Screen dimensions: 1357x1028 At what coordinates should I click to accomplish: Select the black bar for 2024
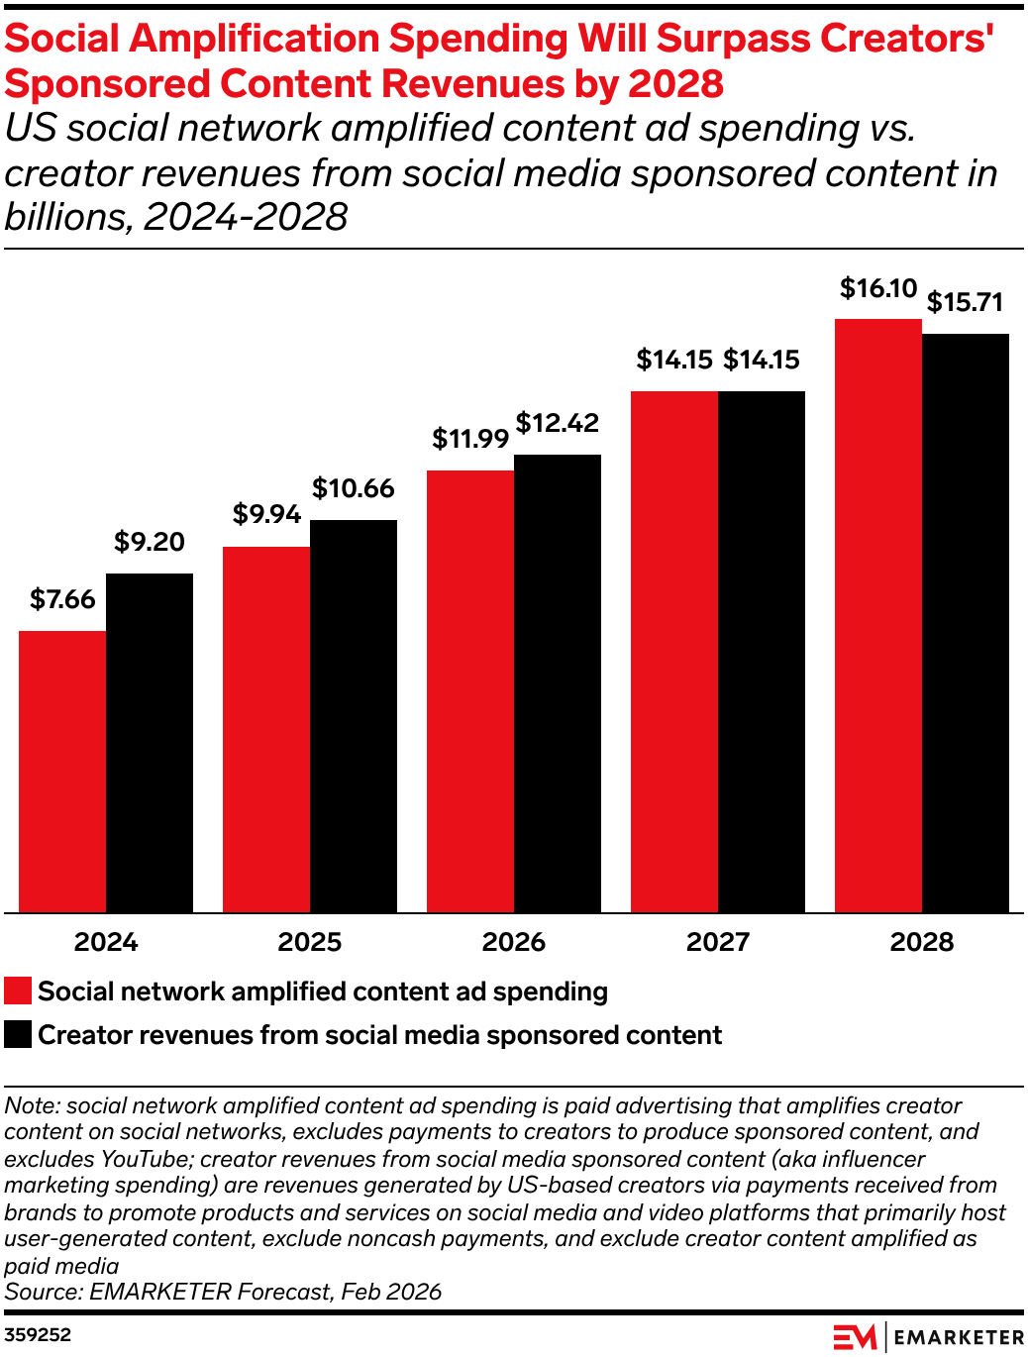click(x=150, y=743)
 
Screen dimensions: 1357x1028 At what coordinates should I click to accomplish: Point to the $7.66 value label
click(x=62, y=599)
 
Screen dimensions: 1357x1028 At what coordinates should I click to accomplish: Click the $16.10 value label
click(x=878, y=288)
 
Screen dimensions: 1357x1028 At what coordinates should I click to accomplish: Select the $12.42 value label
click(x=558, y=423)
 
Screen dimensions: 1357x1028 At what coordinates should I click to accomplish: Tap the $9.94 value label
click(x=266, y=514)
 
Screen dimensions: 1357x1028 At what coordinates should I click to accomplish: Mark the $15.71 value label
click(x=966, y=302)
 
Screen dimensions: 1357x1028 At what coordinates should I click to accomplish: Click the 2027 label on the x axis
click(x=718, y=942)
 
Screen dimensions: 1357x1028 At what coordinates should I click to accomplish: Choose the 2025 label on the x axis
click(x=310, y=942)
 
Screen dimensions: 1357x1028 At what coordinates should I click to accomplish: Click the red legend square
click(x=18, y=992)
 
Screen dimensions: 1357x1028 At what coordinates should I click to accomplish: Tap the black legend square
click(x=18, y=1035)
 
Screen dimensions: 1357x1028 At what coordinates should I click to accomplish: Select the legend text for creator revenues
click(x=379, y=1035)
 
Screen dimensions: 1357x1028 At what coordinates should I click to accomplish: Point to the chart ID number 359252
click(x=38, y=1335)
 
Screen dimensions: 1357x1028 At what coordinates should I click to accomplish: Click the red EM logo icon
click(x=854, y=1337)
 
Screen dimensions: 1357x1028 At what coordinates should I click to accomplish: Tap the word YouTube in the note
click(x=145, y=1159)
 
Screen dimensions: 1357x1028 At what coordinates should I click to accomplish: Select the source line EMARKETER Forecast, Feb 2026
click(x=223, y=1292)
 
